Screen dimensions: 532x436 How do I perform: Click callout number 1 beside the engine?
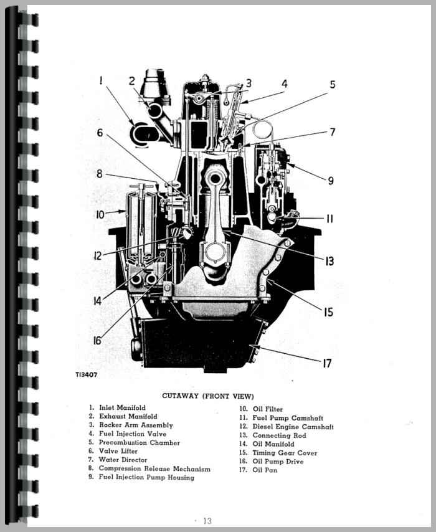click(x=100, y=80)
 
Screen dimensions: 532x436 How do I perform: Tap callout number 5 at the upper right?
click(x=333, y=85)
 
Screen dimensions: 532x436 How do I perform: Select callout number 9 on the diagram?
click(x=331, y=181)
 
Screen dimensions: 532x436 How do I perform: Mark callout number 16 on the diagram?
click(x=98, y=340)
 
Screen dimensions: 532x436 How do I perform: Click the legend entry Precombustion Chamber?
click(x=139, y=442)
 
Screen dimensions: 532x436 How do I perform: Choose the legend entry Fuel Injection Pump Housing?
click(x=146, y=477)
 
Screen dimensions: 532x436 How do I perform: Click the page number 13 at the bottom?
click(x=207, y=521)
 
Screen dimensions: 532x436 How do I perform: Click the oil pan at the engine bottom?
click(x=199, y=343)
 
